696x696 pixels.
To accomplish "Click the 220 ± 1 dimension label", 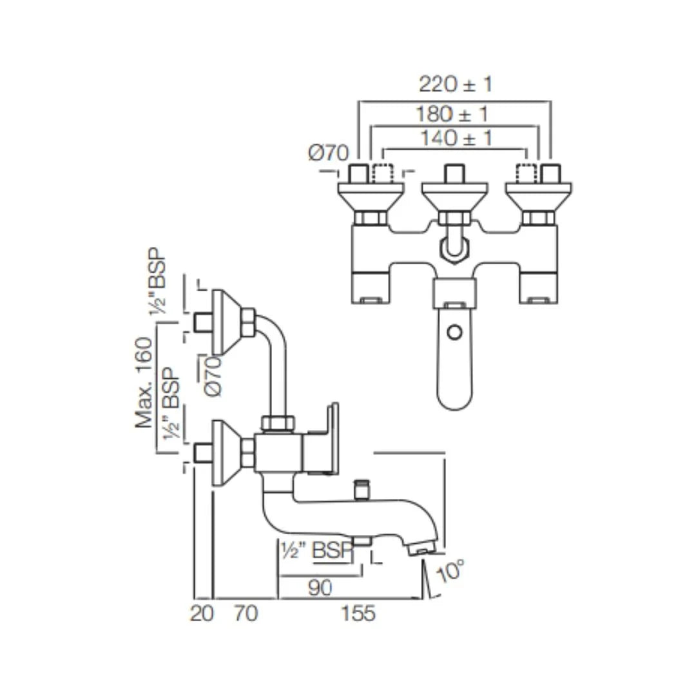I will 455,84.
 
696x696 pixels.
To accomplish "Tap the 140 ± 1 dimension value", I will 455,138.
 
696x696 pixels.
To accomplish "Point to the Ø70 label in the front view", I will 329,153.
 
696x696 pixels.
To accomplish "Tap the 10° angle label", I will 450,570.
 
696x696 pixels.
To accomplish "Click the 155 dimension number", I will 358,614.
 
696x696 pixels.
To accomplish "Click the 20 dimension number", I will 201,614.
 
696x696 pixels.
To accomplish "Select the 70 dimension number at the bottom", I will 245,614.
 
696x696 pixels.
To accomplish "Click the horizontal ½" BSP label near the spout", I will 316,551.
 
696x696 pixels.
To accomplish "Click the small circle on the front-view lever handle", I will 454,333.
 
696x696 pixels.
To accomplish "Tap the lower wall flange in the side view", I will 226,452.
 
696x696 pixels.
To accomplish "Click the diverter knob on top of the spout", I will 362,488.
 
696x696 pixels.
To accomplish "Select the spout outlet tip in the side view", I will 421,550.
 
